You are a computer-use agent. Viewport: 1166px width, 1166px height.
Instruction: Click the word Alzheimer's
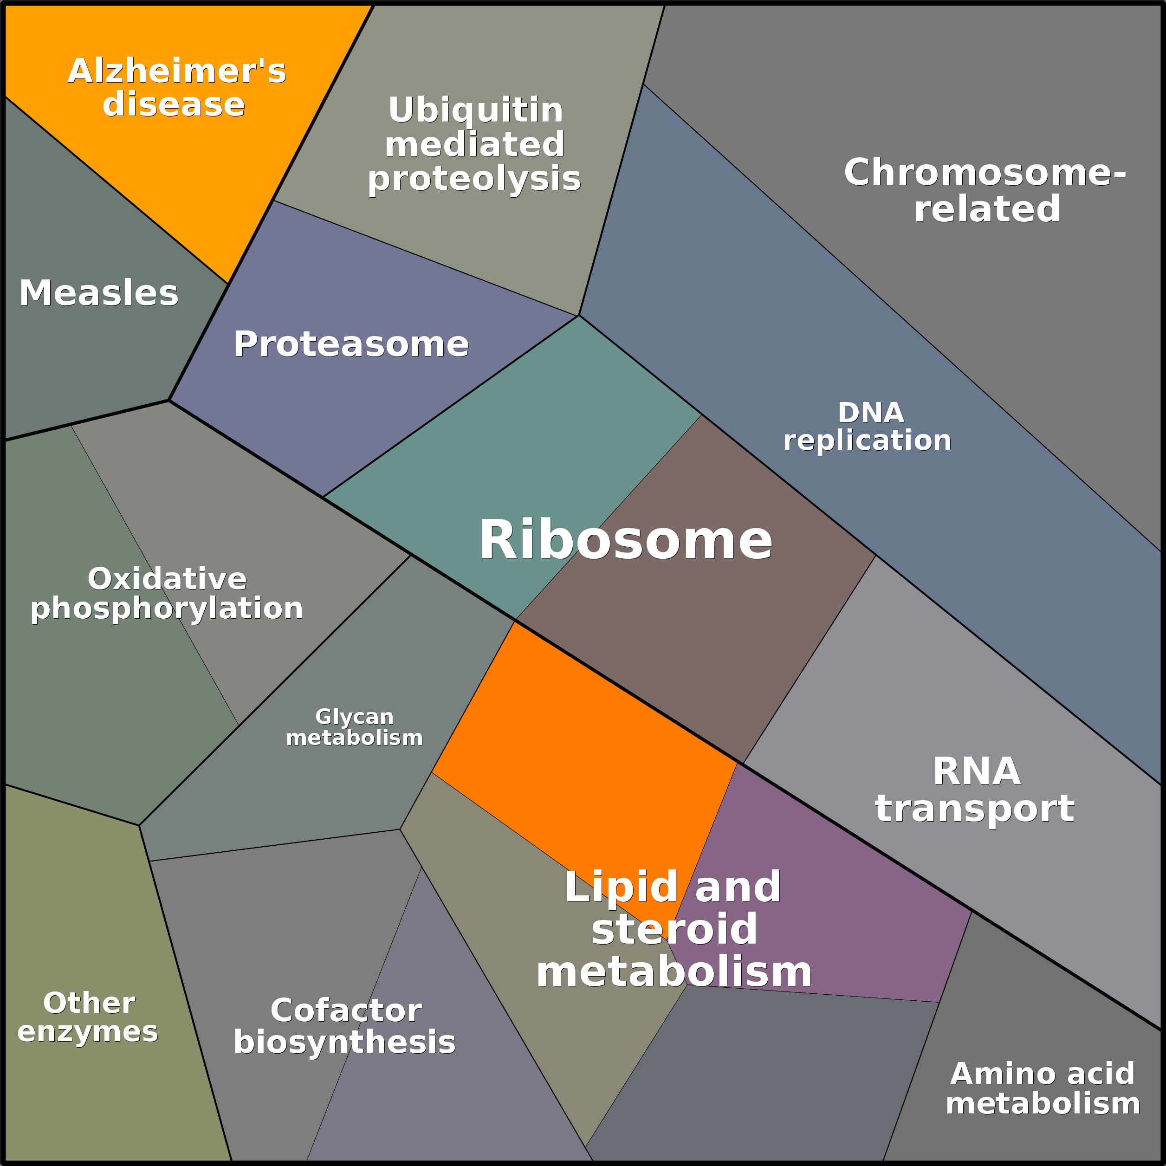click(x=177, y=71)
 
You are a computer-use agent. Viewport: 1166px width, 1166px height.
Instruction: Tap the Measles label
click(x=99, y=293)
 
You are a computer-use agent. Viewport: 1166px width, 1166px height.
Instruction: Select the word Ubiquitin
click(x=476, y=110)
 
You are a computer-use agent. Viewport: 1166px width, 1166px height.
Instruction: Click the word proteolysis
click(x=474, y=179)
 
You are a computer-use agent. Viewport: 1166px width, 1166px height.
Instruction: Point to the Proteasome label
click(x=351, y=344)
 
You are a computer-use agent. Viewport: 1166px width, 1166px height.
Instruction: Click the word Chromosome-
click(x=985, y=173)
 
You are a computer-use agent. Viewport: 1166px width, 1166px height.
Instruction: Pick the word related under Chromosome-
click(x=987, y=209)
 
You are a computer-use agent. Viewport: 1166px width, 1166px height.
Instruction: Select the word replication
click(x=867, y=440)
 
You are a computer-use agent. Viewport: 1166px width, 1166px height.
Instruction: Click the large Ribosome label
click(x=625, y=541)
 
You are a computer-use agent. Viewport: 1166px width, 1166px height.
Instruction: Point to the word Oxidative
click(x=167, y=579)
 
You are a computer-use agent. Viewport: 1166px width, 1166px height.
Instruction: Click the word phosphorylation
click(x=167, y=609)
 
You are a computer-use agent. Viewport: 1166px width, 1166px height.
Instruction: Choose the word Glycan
click(x=354, y=717)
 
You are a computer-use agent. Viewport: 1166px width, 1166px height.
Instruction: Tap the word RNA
click(x=977, y=772)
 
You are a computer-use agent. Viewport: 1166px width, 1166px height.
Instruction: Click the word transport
click(x=975, y=809)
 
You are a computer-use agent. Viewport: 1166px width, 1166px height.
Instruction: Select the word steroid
click(x=674, y=929)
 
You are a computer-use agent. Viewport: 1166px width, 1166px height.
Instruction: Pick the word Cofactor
click(x=346, y=1011)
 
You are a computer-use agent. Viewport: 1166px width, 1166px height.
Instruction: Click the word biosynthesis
click(x=344, y=1042)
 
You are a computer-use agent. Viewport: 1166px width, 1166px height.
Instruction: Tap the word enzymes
click(x=88, y=1032)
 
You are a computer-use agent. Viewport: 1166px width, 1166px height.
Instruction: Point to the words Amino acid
click(x=1042, y=1074)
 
